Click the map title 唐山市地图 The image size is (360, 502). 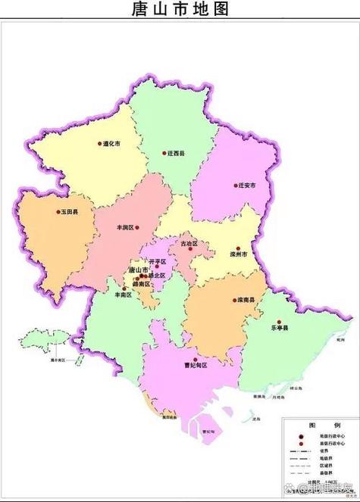coord(180,10)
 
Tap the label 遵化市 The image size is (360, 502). coord(111,143)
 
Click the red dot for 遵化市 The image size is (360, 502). coord(99,143)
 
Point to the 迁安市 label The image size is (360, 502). coord(247,185)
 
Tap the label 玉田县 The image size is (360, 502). coord(70,214)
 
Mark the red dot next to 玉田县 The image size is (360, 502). coord(58,214)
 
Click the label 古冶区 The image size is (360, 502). coord(189,244)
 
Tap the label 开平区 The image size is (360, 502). coord(157,261)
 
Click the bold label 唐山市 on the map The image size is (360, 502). coord(139,270)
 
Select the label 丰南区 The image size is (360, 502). coord(123,295)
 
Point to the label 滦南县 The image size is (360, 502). coord(246,301)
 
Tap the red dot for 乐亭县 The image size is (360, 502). coord(278,321)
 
